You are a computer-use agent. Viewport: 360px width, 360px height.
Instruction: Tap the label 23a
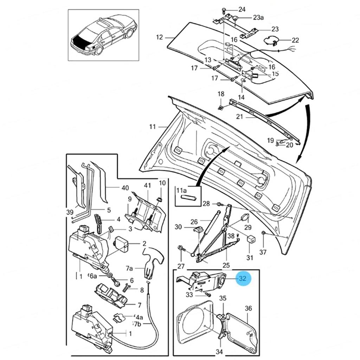point(258,18)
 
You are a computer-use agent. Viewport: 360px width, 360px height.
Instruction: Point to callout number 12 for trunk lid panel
point(160,37)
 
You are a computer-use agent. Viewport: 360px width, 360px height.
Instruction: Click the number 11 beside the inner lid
point(152,126)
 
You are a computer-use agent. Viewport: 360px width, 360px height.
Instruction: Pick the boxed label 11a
point(182,191)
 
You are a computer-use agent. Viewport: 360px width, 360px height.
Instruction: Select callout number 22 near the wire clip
point(295,40)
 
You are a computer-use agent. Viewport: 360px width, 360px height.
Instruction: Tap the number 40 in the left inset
point(125,188)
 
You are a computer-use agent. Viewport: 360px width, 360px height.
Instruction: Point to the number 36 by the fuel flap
point(248,308)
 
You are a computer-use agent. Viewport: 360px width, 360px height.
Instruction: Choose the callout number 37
point(263,252)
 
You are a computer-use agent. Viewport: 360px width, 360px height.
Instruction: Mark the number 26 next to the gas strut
point(194,222)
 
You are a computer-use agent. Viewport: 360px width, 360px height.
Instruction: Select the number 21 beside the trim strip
point(239,117)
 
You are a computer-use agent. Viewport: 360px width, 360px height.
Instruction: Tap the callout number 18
point(221,94)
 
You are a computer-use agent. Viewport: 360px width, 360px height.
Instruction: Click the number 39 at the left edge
point(70,212)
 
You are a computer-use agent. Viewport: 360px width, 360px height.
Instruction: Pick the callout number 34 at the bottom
point(219,352)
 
